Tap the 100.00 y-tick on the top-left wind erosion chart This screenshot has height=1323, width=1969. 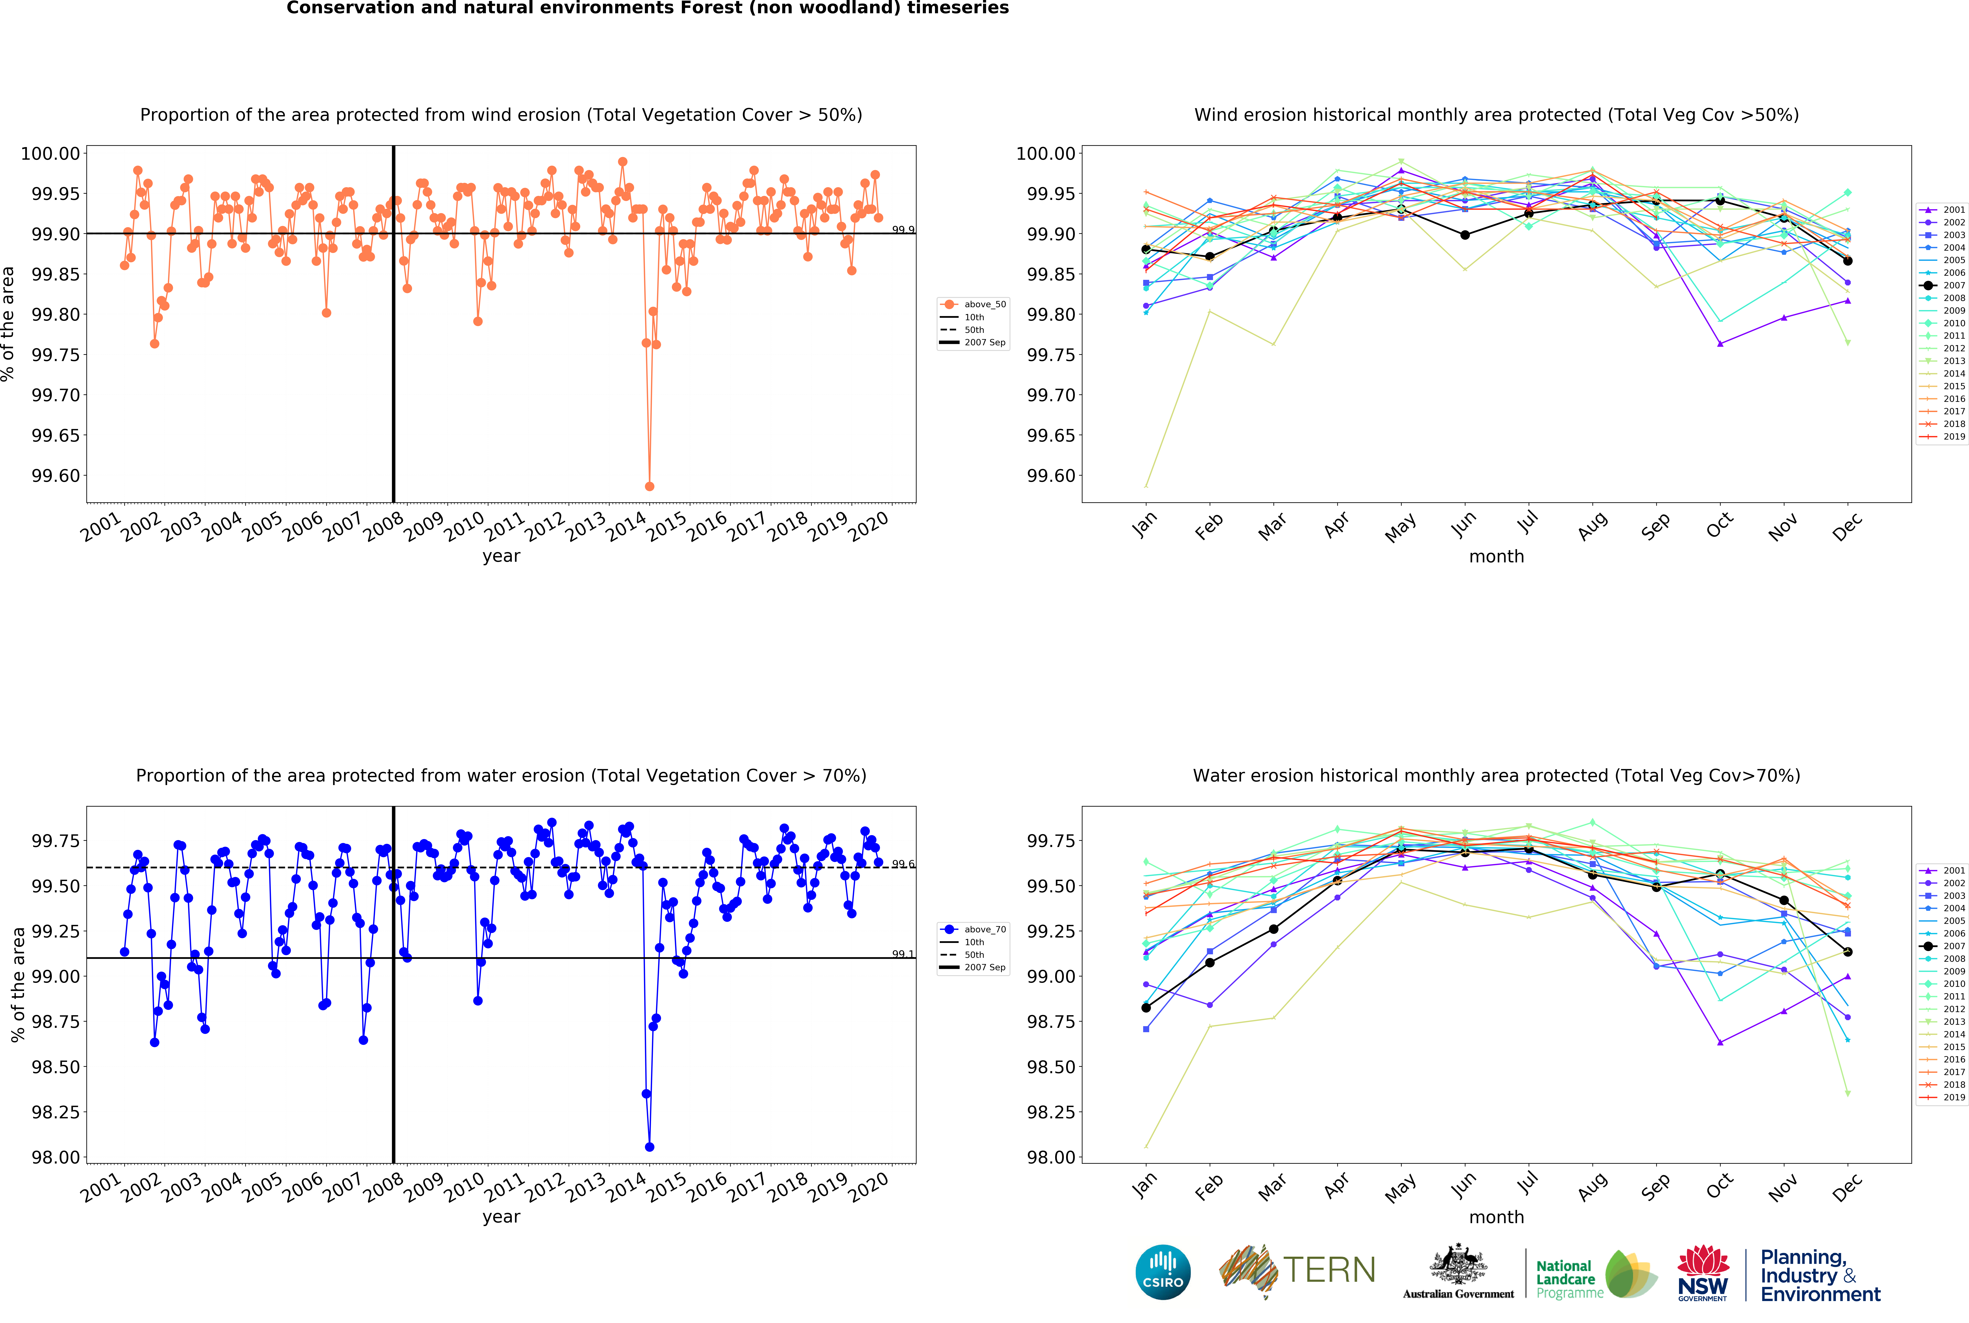pyautogui.click(x=51, y=153)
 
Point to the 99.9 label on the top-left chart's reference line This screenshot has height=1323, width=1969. pyautogui.click(x=903, y=230)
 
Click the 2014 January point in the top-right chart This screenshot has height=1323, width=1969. pyautogui.click(x=1146, y=486)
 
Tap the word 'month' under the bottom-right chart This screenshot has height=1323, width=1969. pyautogui.click(x=1497, y=1217)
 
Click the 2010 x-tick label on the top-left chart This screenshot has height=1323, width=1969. pyautogui.click(x=464, y=527)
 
